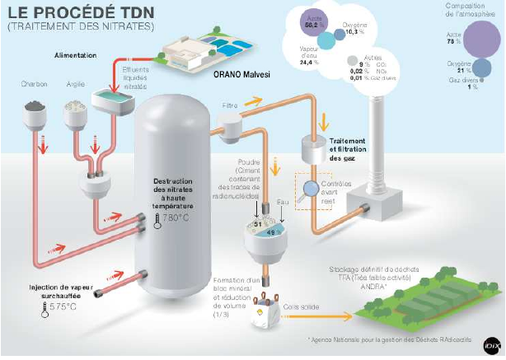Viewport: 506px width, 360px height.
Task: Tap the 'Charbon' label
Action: (x=34, y=85)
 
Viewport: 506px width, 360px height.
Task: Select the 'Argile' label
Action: (x=75, y=85)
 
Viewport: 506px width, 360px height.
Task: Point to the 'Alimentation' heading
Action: (x=75, y=55)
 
